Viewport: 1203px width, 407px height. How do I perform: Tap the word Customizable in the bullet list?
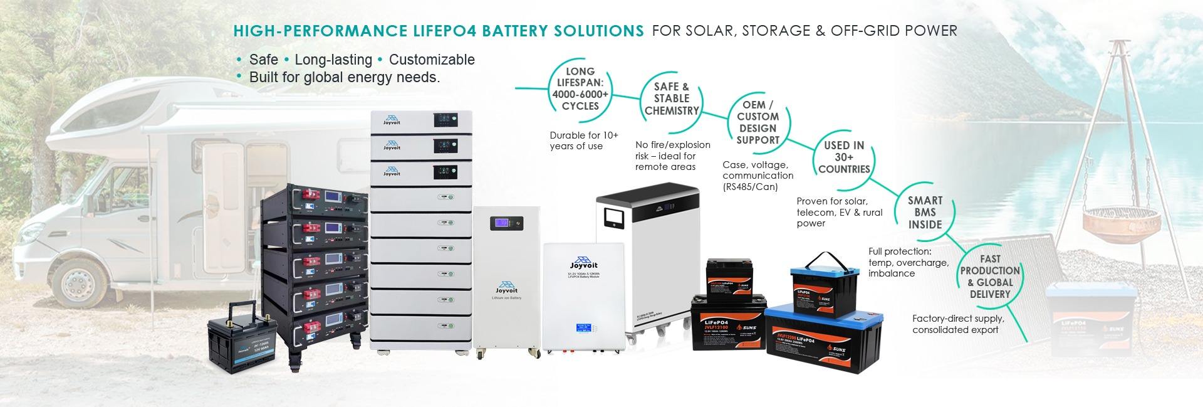click(432, 60)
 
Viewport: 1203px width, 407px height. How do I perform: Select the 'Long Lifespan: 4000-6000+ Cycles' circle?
click(580, 89)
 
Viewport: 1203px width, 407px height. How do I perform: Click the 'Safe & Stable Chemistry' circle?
click(671, 99)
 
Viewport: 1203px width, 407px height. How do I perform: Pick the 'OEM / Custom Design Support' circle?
click(758, 122)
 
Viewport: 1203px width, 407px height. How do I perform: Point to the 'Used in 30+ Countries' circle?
click(844, 157)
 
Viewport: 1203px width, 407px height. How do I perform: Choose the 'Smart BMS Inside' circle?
click(925, 212)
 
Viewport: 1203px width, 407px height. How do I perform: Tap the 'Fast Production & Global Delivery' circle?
click(989, 277)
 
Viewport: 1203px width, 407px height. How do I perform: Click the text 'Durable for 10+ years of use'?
click(583, 140)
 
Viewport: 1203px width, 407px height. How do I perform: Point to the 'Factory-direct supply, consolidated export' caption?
click(957, 324)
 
